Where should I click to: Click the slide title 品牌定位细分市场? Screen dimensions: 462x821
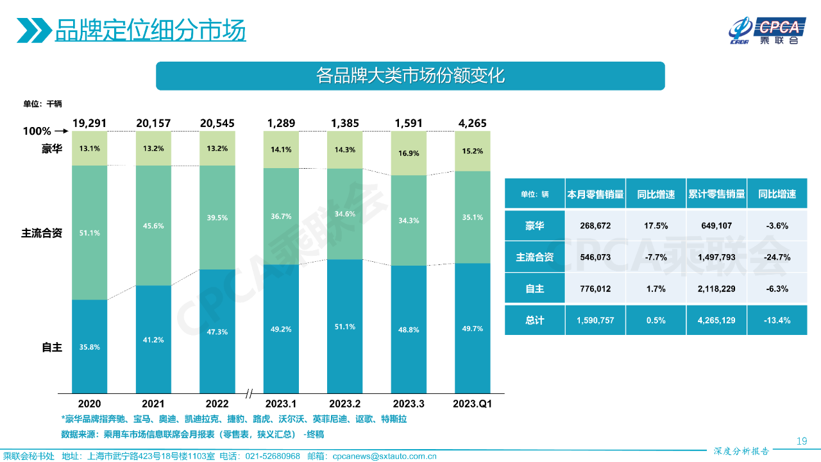tap(150, 30)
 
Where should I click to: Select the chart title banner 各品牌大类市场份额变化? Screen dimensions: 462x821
tap(410, 76)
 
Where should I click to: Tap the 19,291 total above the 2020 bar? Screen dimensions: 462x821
tap(89, 123)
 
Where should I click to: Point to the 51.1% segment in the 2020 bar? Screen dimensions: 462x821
tap(89, 232)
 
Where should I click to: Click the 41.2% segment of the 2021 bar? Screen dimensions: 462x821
tap(153, 339)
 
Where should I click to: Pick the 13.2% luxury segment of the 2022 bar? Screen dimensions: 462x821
tap(217, 148)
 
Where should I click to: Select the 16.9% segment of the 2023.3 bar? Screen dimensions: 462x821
tap(409, 153)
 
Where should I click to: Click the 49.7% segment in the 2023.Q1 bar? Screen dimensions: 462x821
tap(472, 328)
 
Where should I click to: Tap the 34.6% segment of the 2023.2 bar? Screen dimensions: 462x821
tap(344, 213)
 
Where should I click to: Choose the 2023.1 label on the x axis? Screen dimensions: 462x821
tap(281, 404)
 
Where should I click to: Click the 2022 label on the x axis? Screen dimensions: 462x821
tap(217, 404)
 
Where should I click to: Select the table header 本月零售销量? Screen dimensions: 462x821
tap(595, 194)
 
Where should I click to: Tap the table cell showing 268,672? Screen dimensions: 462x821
tap(595, 226)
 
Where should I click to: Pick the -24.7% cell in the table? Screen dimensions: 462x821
tap(777, 257)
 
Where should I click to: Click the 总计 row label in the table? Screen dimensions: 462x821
tap(534, 320)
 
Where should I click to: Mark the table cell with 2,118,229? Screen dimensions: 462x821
tap(716, 289)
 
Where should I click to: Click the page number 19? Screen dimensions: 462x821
tap(801, 441)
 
